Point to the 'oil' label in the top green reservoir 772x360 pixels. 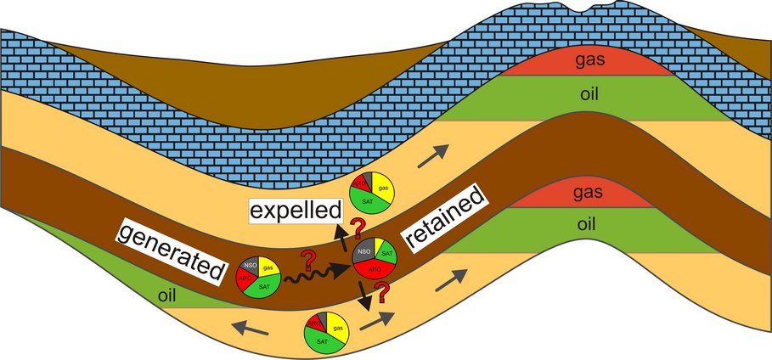588,93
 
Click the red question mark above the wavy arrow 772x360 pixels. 308,258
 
